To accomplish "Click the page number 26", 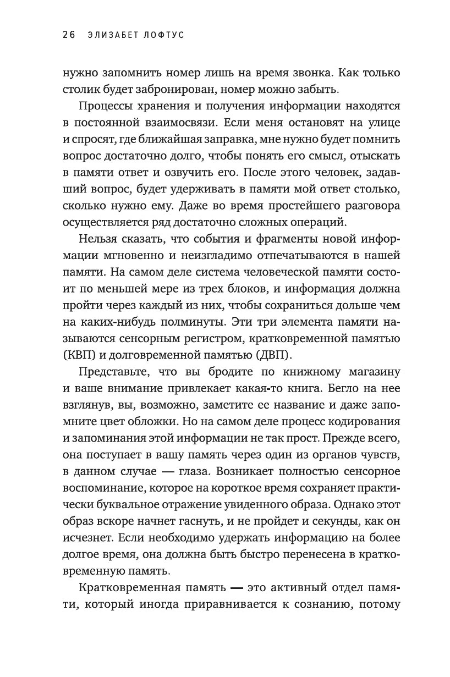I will (x=68, y=35).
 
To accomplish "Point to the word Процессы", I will (x=106, y=107).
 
